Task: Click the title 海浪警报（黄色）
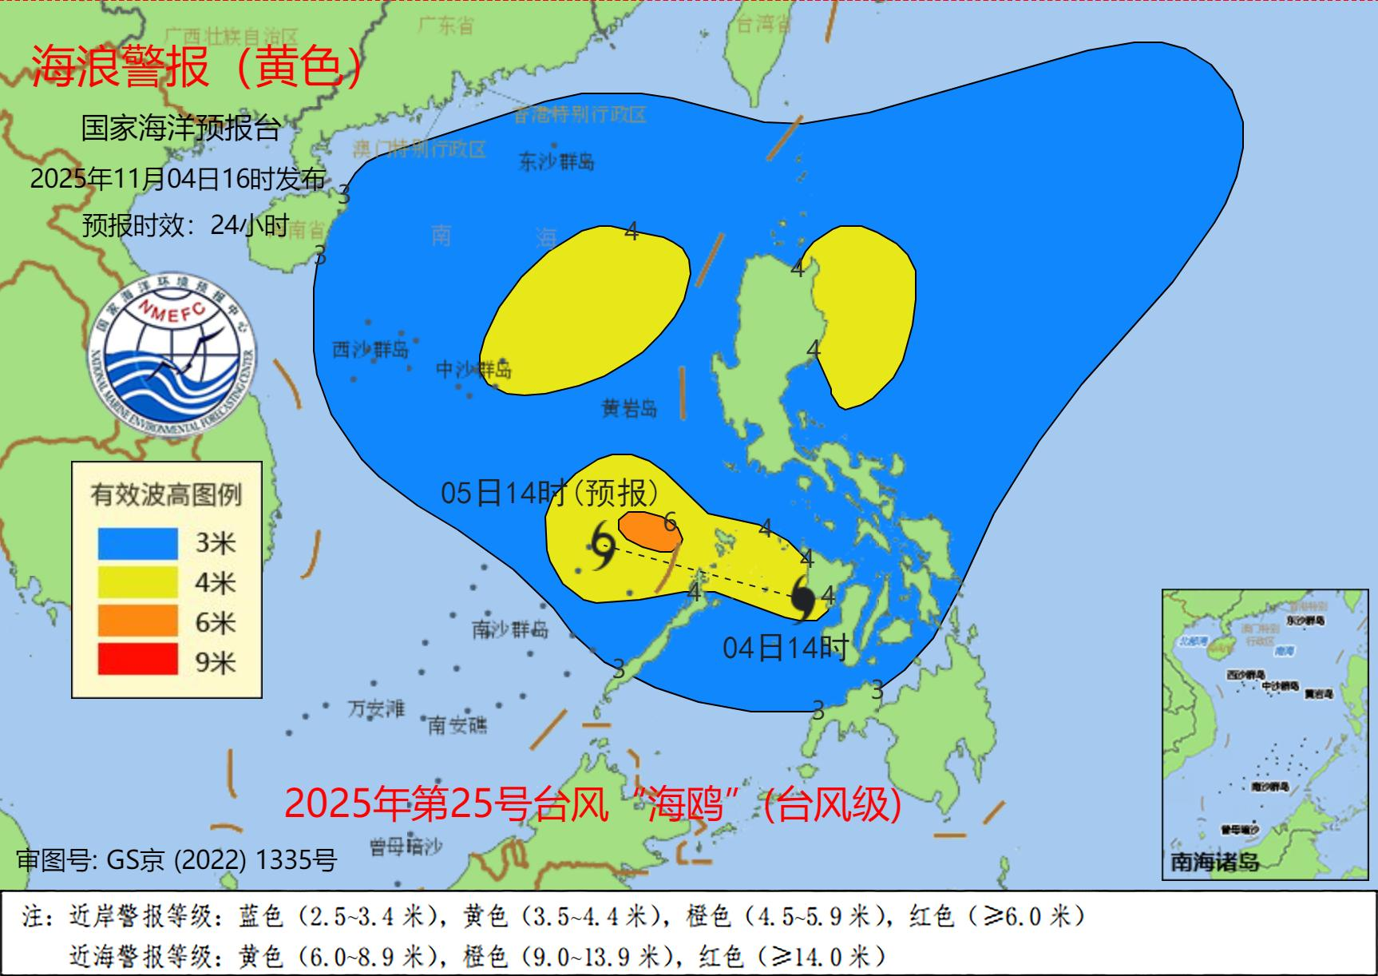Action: pyautogui.click(x=198, y=67)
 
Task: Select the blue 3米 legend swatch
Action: pyautogui.click(x=137, y=543)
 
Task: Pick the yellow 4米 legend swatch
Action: pyautogui.click(x=137, y=582)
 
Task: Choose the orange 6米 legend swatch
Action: pyautogui.click(x=137, y=621)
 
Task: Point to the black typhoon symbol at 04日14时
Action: pyautogui.click(x=802, y=598)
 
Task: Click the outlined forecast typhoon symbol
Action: pyautogui.click(x=603, y=546)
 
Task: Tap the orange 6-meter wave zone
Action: pyautogui.click(x=648, y=531)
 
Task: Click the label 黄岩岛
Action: pyautogui.click(x=629, y=408)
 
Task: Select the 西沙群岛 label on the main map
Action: pyautogui.click(x=370, y=349)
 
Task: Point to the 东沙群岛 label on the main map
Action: pyautogui.click(x=556, y=162)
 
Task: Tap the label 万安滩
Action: pyautogui.click(x=376, y=708)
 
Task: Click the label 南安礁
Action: pyautogui.click(x=457, y=724)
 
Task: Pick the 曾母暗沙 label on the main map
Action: pyautogui.click(x=406, y=847)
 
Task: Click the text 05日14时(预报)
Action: pyautogui.click(x=550, y=493)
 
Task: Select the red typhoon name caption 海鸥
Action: pyautogui.click(x=593, y=803)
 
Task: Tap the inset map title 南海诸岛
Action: pyautogui.click(x=1214, y=862)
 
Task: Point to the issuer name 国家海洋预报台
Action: pyautogui.click(x=180, y=128)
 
